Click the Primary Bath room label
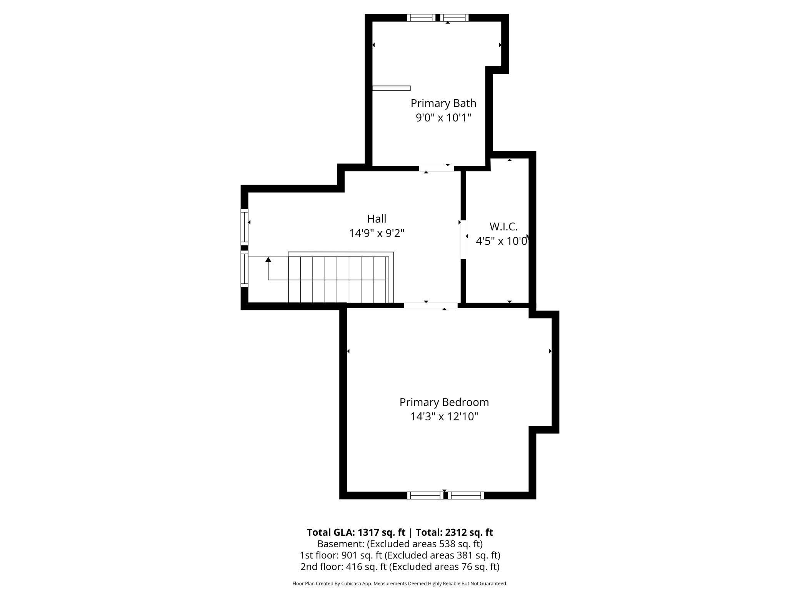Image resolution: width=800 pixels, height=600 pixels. (443, 103)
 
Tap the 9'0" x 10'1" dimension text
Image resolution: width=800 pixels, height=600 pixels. (443, 118)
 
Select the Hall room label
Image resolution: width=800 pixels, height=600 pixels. (377, 219)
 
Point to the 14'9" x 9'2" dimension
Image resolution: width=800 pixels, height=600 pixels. (377, 233)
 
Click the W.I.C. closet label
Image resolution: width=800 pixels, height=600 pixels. (503, 227)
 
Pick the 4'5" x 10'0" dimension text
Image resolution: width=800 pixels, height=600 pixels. (502, 241)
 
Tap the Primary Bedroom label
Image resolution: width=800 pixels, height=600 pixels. (444, 402)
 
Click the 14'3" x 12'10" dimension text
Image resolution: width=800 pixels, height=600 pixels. (444, 417)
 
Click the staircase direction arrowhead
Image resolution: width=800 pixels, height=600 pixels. (268, 260)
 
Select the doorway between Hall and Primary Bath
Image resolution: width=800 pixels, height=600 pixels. (437, 168)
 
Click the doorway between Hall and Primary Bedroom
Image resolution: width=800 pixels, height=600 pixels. (430, 305)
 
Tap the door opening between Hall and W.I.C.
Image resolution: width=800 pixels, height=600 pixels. (463, 239)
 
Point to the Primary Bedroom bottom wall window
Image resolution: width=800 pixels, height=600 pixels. (445, 495)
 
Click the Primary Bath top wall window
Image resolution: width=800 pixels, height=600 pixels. (438, 18)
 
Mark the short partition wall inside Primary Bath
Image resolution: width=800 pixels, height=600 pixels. (391, 88)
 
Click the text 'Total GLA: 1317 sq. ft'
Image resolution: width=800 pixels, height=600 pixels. (356, 532)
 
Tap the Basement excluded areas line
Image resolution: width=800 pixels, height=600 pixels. (400, 544)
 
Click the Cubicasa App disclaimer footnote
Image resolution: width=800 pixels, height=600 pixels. (400, 583)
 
